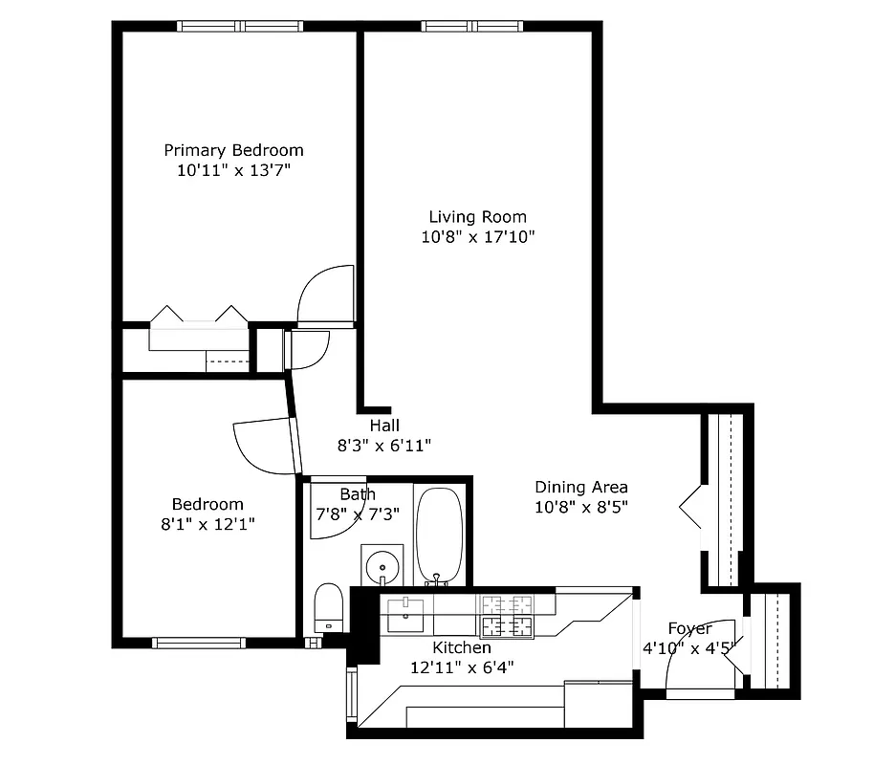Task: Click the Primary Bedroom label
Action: coord(233,150)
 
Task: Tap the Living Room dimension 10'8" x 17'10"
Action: coord(477,237)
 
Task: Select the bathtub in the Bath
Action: coord(439,535)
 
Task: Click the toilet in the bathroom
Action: coord(328,607)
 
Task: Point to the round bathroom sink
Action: coord(382,563)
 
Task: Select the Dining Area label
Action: coord(580,487)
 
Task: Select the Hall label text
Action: coord(384,426)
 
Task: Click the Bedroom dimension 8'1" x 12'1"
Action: coord(207,524)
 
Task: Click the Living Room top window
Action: coord(473,27)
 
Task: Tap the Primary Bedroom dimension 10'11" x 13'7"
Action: coord(233,170)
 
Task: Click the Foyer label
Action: coord(689,629)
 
